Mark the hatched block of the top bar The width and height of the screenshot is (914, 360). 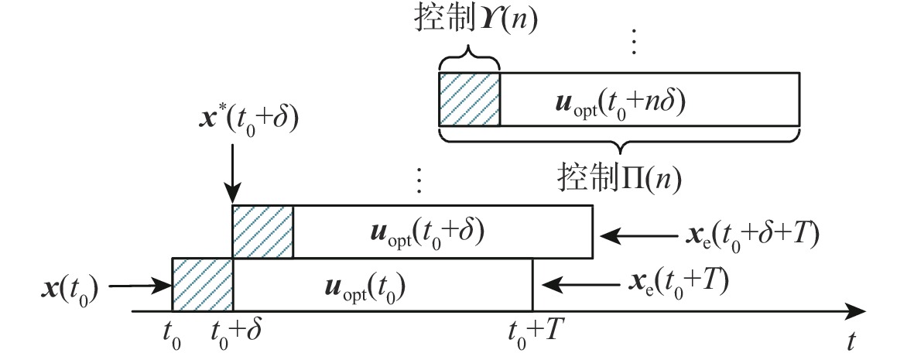pos(470,99)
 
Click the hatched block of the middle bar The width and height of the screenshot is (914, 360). pos(263,231)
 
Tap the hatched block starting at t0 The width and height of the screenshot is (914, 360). pos(203,283)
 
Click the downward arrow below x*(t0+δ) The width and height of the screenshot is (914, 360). pos(233,175)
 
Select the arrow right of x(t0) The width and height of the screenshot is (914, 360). pos(140,286)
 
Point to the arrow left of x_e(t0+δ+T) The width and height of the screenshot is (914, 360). pos(635,232)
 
